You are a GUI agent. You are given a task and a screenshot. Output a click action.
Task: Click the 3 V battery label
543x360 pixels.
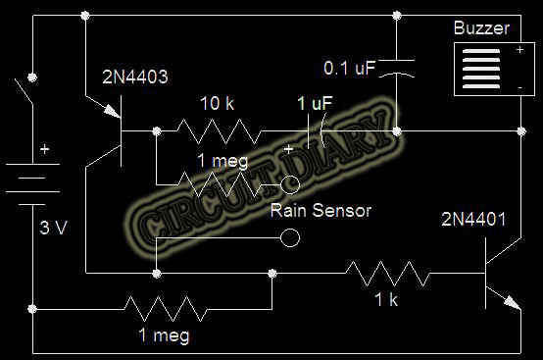[x=55, y=229]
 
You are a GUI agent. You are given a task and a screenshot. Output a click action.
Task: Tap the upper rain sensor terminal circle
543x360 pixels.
[x=289, y=182]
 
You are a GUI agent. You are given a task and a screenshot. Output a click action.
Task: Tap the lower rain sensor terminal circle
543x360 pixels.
[x=289, y=237]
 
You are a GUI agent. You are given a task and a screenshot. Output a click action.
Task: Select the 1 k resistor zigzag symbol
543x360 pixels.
[x=386, y=270]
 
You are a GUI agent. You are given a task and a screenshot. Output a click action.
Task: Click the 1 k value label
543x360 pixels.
[x=386, y=300]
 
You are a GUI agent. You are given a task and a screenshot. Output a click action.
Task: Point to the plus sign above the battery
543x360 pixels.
[x=42, y=152]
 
